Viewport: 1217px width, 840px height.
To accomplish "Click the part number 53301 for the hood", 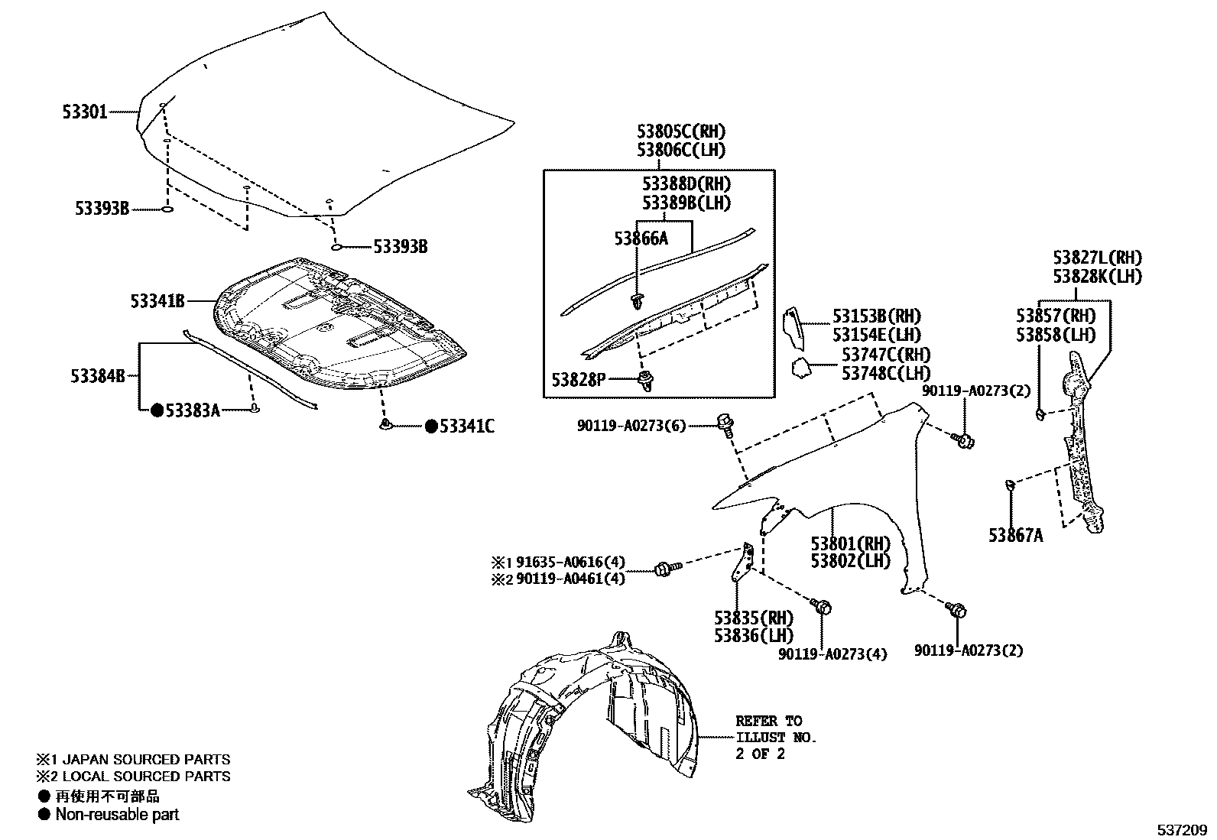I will [x=84, y=112].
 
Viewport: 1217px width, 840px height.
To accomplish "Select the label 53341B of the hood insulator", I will [x=157, y=301].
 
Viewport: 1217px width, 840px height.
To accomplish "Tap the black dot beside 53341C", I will [x=431, y=426].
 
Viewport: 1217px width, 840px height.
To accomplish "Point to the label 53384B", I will [x=97, y=376].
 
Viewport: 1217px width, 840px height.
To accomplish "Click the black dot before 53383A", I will [x=157, y=411].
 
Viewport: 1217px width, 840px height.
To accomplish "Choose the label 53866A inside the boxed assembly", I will [x=641, y=238].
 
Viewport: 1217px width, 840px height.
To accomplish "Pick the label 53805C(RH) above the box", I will [x=681, y=131].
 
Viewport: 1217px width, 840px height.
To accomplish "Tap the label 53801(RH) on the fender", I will [x=851, y=543].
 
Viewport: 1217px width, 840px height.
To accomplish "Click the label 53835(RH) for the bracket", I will [x=754, y=618].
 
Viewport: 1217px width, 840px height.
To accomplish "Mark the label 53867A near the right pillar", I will [x=1015, y=535].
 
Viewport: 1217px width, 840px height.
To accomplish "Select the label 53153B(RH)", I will [x=876, y=316].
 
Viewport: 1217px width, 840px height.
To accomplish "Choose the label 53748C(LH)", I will [x=886, y=373].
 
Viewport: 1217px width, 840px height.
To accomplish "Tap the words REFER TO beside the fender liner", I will [x=769, y=721].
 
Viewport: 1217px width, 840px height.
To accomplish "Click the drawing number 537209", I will [x=1180, y=829].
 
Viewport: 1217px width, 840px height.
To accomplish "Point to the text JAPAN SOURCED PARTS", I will [x=143, y=760].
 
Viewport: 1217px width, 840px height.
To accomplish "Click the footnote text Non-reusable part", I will [x=117, y=815].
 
